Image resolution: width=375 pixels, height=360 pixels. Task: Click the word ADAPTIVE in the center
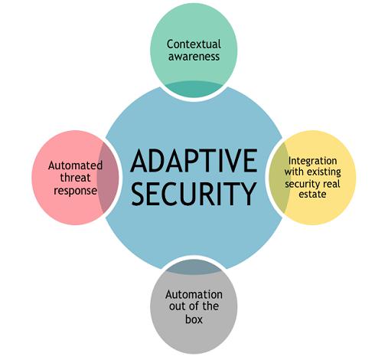tap(194, 161)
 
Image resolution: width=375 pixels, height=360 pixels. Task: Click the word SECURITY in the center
tap(194, 194)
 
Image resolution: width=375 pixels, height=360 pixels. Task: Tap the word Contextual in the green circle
tap(194, 44)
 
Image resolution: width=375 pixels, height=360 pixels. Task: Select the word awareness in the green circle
tap(194, 57)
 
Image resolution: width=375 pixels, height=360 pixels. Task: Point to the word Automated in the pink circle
tap(75, 165)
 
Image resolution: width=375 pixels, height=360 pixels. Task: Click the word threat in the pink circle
tap(75, 178)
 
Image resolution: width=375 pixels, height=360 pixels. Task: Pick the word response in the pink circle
tap(75, 191)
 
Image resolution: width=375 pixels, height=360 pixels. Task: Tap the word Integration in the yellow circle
tap(312, 161)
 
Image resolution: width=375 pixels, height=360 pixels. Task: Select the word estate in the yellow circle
tap(312, 195)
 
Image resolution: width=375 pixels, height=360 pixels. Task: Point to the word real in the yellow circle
tap(331, 184)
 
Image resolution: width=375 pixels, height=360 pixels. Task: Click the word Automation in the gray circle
tap(194, 295)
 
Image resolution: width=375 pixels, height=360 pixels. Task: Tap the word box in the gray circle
tap(194, 319)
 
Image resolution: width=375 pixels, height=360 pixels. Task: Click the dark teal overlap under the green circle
tap(194, 89)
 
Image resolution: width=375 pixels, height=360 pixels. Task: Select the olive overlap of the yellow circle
tap(279, 178)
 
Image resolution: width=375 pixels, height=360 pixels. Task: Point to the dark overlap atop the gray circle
tap(194, 267)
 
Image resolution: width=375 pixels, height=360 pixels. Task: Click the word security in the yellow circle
tap(303, 184)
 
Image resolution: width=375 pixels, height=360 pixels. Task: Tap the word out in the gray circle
tap(177, 307)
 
